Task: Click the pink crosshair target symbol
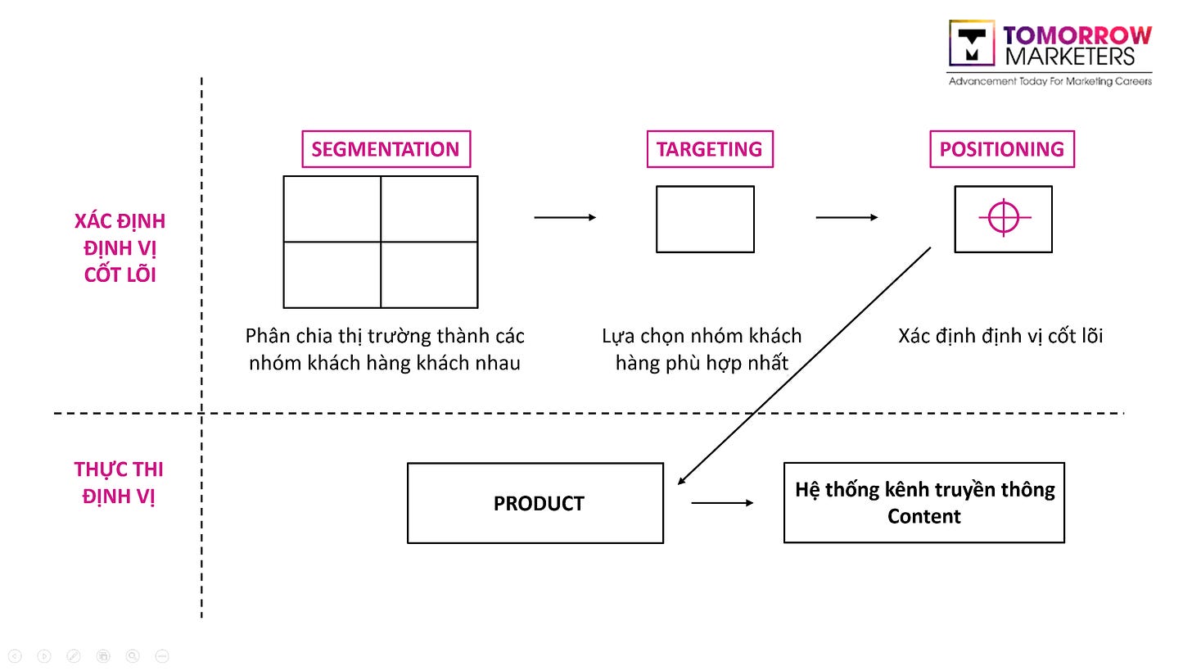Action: [x=1005, y=217]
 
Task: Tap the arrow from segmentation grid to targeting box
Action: [x=565, y=217]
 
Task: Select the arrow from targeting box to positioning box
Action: [x=847, y=217]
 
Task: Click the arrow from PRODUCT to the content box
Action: [x=722, y=503]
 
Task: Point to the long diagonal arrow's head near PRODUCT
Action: [x=679, y=484]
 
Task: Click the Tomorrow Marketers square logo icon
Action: [x=972, y=43]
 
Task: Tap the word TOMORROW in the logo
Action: [x=1077, y=36]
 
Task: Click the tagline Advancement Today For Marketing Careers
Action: [x=1050, y=81]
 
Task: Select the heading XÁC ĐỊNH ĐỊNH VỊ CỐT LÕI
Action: [x=120, y=248]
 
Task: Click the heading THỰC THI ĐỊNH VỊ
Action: [x=119, y=483]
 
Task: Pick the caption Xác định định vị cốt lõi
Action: [x=1000, y=336]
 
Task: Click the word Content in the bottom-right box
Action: [x=924, y=516]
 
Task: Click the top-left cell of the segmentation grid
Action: [x=332, y=209]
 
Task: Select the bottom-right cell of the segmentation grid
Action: [x=430, y=274]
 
